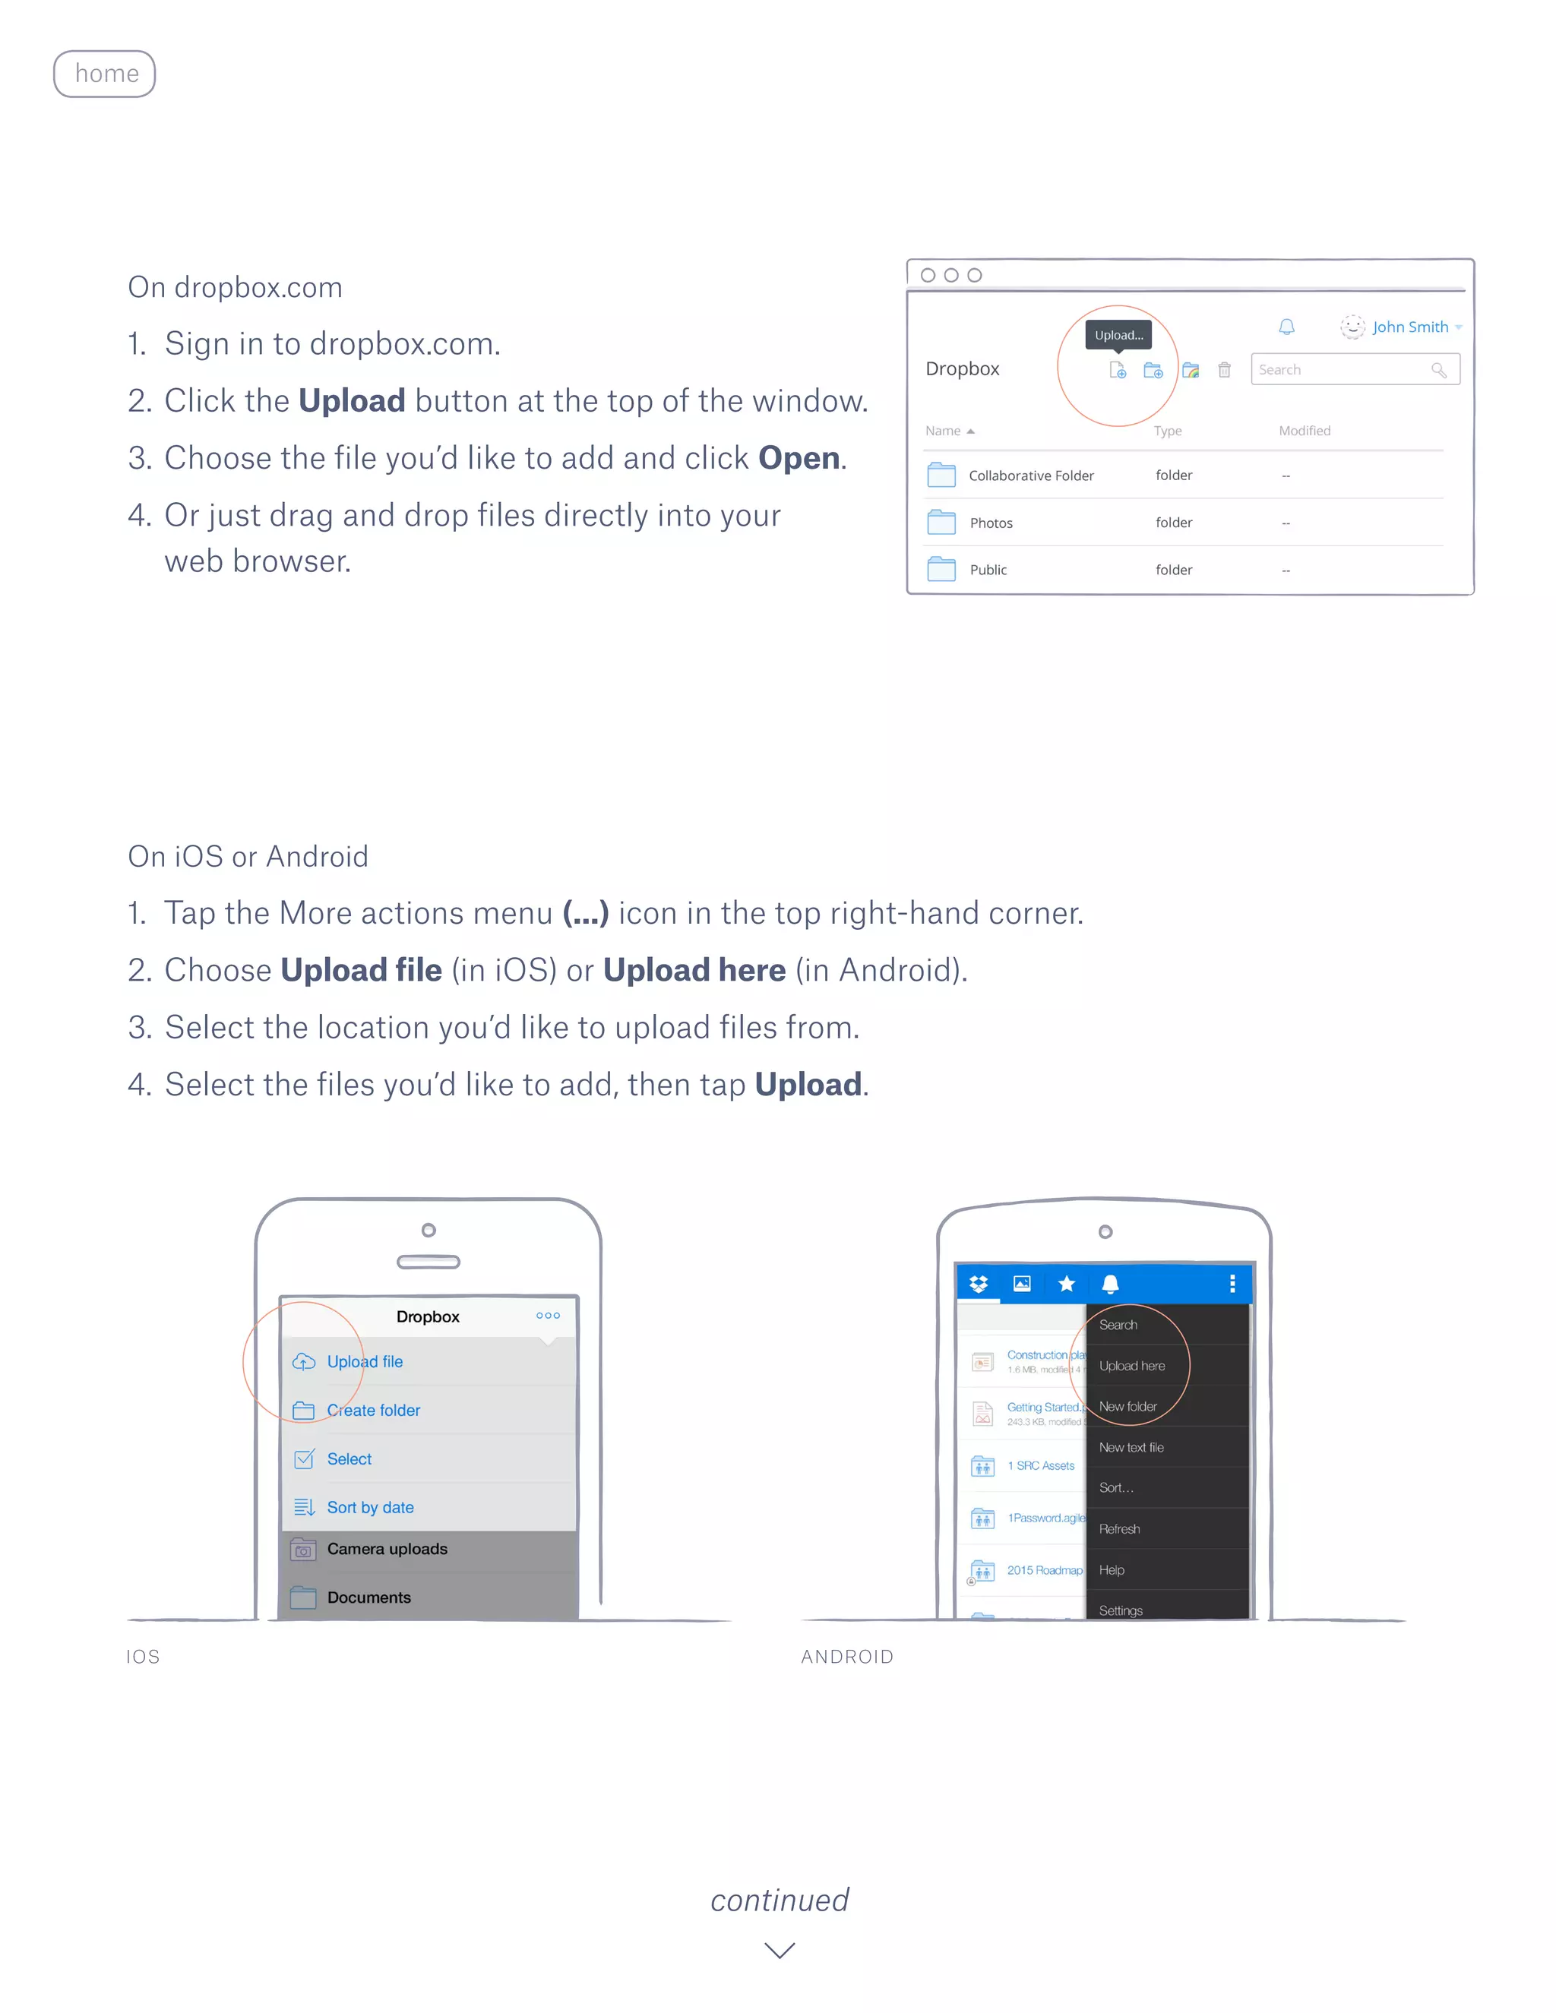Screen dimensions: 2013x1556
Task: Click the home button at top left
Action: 104,74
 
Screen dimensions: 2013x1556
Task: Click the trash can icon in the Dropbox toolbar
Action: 1224,370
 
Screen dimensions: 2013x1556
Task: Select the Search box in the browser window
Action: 1341,370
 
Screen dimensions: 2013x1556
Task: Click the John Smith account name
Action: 1409,327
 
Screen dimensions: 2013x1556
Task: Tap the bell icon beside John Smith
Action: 1286,327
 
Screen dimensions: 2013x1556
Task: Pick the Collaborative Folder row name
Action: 1030,476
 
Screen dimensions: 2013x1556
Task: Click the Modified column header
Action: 1304,431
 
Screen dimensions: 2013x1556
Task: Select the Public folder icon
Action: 941,569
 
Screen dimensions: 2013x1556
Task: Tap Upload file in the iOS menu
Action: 364,1361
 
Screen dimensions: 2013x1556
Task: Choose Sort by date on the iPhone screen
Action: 370,1507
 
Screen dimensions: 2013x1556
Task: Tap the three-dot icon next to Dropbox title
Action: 548,1315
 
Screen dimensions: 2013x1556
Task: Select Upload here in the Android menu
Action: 1131,1366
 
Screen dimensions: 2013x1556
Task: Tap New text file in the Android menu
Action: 1131,1447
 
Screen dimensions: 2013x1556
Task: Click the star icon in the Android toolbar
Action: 1067,1284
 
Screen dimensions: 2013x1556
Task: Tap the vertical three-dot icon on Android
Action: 1232,1284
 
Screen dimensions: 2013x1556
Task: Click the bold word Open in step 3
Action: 799,458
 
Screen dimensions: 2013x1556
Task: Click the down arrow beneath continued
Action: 779,1950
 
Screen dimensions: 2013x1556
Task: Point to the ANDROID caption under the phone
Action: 846,1656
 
